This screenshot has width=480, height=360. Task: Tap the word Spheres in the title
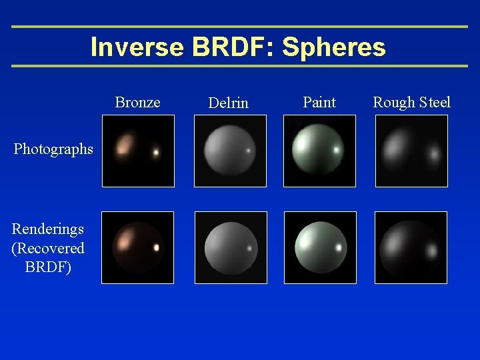tap(334, 47)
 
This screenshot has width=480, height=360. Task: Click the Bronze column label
tap(137, 102)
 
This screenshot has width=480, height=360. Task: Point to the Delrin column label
tap(228, 103)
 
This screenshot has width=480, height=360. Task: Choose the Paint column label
tap(319, 102)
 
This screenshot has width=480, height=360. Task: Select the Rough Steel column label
tap(411, 102)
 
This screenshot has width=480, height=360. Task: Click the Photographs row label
tap(53, 149)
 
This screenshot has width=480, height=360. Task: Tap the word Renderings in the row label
tap(48, 229)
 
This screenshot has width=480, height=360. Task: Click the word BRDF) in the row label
tap(48, 267)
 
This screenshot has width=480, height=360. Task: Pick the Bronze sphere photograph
tap(138, 151)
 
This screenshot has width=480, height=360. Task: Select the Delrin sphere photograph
tap(230, 151)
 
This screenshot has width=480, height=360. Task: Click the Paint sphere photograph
tap(319, 151)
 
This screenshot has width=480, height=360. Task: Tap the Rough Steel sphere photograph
tap(411, 151)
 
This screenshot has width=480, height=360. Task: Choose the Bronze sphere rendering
tap(137, 247)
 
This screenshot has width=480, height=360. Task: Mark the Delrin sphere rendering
tap(230, 247)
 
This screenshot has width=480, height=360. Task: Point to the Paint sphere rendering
tap(320, 247)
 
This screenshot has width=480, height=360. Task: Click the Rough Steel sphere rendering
tap(411, 247)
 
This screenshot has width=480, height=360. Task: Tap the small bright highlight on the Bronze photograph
tap(156, 153)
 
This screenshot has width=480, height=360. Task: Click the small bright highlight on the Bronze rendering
tap(157, 247)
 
